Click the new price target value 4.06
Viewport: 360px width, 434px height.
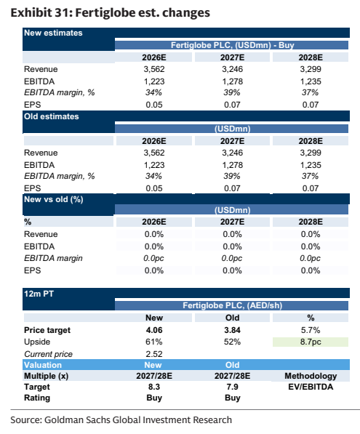click(154, 330)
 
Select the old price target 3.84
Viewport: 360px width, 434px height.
click(232, 330)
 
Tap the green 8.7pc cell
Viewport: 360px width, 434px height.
click(311, 342)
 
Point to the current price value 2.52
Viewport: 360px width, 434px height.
click(154, 354)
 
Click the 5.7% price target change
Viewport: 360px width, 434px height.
click(311, 330)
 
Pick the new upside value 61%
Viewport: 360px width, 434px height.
click(154, 342)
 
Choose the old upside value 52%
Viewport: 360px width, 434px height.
click(232, 342)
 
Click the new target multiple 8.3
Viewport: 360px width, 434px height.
click(154, 387)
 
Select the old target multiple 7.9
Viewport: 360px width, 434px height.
click(232, 387)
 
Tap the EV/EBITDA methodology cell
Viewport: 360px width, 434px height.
click(311, 387)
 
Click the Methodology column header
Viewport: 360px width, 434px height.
click(311, 376)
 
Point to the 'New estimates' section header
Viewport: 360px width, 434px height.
click(53, 33)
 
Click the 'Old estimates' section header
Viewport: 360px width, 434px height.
click(51, 116)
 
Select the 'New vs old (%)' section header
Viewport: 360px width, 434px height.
click(53, 200)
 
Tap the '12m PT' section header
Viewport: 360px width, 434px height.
click(39, 294)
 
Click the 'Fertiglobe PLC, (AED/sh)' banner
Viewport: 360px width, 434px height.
click(232, 305)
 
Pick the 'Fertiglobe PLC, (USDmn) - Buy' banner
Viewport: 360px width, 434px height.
click(232, 45)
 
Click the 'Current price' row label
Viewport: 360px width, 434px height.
click(48, 354)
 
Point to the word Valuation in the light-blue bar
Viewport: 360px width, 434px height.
click(43, 365)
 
